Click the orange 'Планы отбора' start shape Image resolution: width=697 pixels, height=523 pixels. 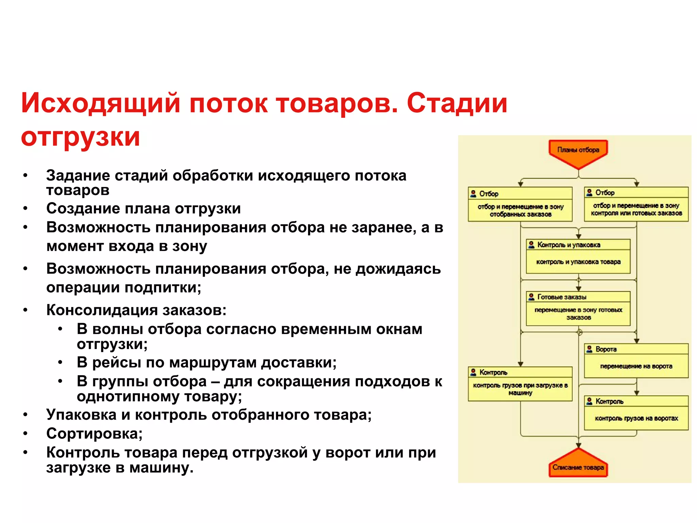coord(578,152)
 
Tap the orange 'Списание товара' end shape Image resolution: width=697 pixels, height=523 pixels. coord(578,465)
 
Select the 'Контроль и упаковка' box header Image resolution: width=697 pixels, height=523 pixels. coord(578,244)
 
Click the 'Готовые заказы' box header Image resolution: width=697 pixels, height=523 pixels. coord(578,297)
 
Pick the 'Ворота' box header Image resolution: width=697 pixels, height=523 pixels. coord(636,349)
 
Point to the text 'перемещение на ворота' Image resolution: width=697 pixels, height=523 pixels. coord(636,366)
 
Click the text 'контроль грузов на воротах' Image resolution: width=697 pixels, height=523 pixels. coord(636,418)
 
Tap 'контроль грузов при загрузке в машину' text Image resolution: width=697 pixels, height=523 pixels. coord(520,389)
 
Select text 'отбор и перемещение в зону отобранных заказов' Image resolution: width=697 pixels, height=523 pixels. coord(520,210)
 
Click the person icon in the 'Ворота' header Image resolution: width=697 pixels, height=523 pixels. coord(589,349)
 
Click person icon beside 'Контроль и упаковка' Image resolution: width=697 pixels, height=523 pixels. coord(531,244)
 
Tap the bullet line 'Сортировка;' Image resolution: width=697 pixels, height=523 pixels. coord(94,433)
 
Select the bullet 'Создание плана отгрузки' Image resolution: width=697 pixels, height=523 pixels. coord(143,208)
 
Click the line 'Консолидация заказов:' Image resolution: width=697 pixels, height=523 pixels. coord(136,310)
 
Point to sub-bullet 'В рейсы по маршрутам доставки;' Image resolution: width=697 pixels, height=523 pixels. coord(206,362)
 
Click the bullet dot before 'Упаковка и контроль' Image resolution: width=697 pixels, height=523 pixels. coord(26,415)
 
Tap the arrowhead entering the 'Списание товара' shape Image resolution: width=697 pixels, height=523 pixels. coord(578,445)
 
